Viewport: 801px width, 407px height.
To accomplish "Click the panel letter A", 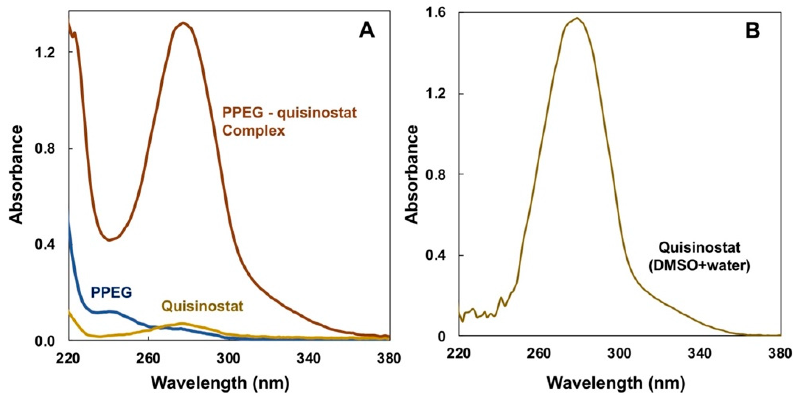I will [367, 31].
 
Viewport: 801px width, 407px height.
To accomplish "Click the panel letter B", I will [752, 31].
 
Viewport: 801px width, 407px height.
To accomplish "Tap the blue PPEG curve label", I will [111, 293].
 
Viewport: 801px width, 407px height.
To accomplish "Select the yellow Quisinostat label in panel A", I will [202, 306].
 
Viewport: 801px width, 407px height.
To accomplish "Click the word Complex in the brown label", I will [254, 131].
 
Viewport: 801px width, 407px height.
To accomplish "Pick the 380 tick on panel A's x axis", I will [389, 358].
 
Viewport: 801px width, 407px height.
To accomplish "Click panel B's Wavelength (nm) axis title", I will [616, 383].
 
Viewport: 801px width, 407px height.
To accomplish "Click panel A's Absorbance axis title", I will [16, 174].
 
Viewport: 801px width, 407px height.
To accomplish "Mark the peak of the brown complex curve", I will [183, 23].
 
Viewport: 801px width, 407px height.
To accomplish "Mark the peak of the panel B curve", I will [577, 18].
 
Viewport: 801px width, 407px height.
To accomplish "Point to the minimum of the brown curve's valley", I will [109, 240].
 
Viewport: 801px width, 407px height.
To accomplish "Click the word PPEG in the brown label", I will [243, 113].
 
